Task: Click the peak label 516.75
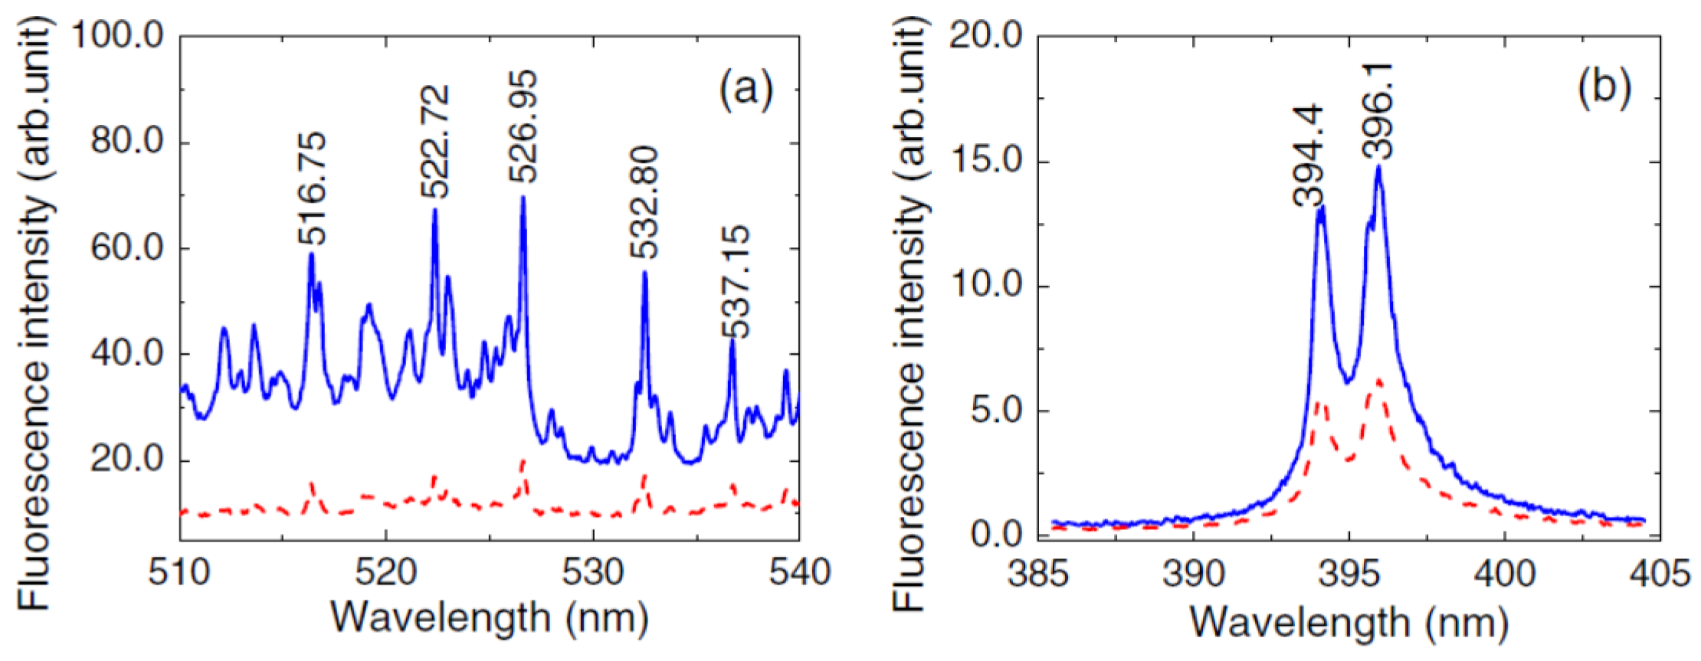312,188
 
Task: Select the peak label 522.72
435,142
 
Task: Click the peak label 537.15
736,281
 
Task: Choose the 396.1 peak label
1379,111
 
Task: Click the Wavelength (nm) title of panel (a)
490,617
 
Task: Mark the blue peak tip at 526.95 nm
523,198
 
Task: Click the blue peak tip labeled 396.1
1378,166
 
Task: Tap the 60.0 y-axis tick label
127,248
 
